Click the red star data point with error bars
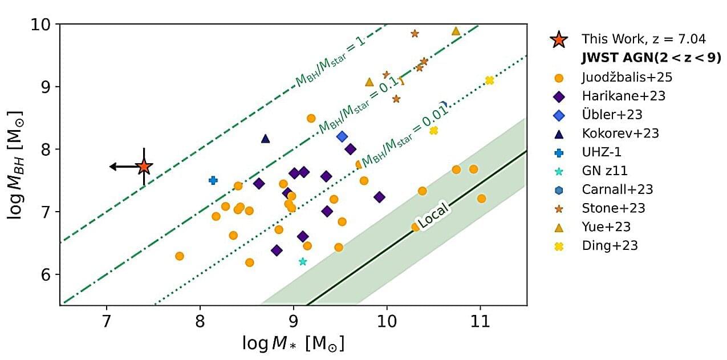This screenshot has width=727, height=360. pos(144,167)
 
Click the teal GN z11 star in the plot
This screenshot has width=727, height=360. pos(303,261)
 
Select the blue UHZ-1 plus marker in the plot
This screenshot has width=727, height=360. pos(213,180)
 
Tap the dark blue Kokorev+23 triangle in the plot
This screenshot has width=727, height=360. pos(265,138)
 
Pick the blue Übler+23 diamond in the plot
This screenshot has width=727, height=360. pos(342,136)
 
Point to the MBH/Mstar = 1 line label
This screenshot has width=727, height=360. pos(329,63)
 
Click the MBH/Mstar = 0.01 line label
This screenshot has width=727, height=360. pos(404,135)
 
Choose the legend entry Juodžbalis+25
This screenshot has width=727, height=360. pos(623,77)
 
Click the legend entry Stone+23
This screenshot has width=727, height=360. pos(613,208)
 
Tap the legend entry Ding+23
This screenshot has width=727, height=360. pos(610,246)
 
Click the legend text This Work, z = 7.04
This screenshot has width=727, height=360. pos(643,39)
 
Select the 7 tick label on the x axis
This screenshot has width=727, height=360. pos(107,321)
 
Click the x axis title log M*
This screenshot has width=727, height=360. pos(293,344)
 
